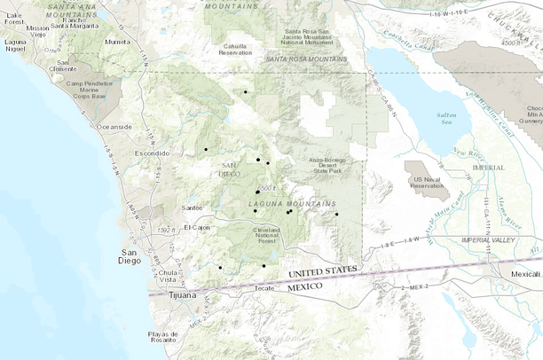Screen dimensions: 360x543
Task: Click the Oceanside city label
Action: [114, 127]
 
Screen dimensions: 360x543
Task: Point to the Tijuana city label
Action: [178, 295]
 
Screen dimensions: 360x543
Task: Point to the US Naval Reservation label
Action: [427, 183]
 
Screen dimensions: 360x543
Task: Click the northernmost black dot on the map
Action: [246, 91]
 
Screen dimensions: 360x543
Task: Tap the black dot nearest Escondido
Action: [205, 149]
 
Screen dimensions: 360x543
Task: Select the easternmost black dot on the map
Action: [336, 214]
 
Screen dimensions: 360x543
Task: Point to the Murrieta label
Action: [117, 42]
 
